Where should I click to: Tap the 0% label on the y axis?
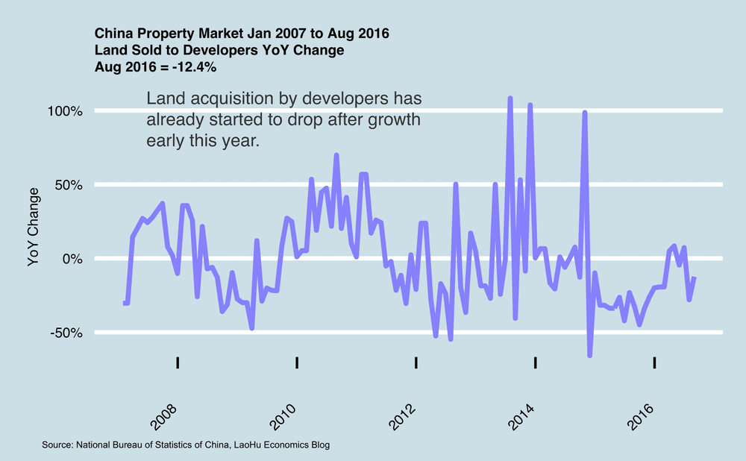[x=72, y=259]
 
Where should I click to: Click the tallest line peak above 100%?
[x=510, y=98]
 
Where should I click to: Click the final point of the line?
[x=695, y=277]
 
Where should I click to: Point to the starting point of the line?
[x=124, y=303]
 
